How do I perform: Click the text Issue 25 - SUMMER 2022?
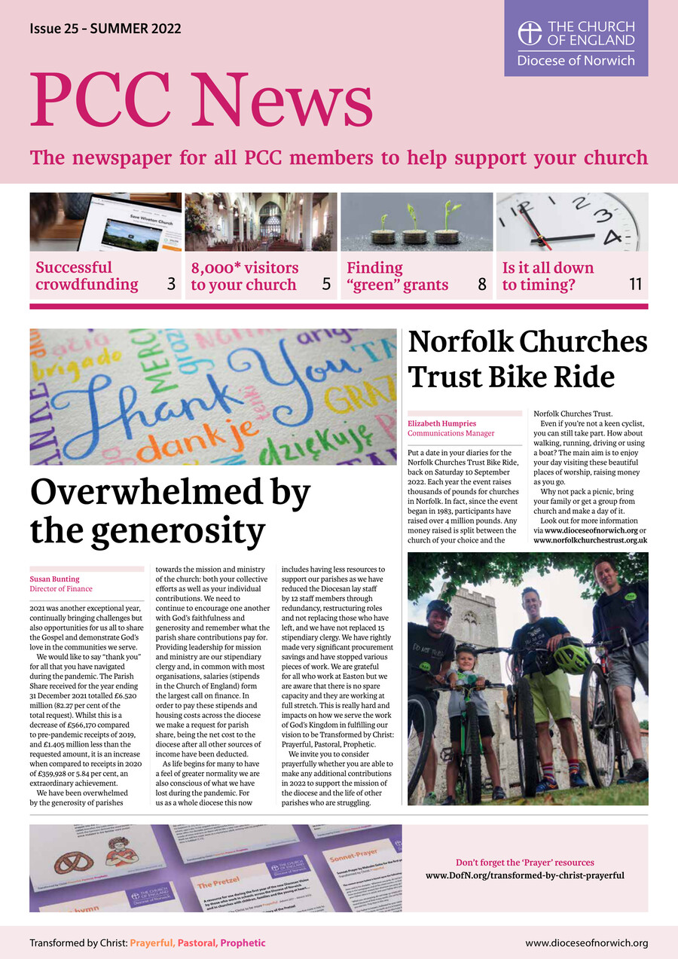[x=105, y=29]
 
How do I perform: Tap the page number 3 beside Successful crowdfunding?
[x=171, y=285]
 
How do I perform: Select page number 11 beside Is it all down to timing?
[x=635, y=285]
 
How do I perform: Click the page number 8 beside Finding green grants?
[x=481, y=285]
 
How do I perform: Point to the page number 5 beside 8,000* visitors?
[x=326, y=285]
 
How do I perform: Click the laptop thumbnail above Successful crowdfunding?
[x=105, y=221]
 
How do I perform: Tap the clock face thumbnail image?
[x=572, y=221]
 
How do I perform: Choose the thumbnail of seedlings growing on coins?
[x=417, y=221]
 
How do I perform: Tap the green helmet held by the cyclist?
[x=571, y=655]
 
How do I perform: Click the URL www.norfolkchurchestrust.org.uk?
[x=590, y=540]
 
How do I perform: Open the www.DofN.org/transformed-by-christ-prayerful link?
[x=524, y=875]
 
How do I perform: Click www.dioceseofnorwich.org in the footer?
[x=586, y=942]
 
